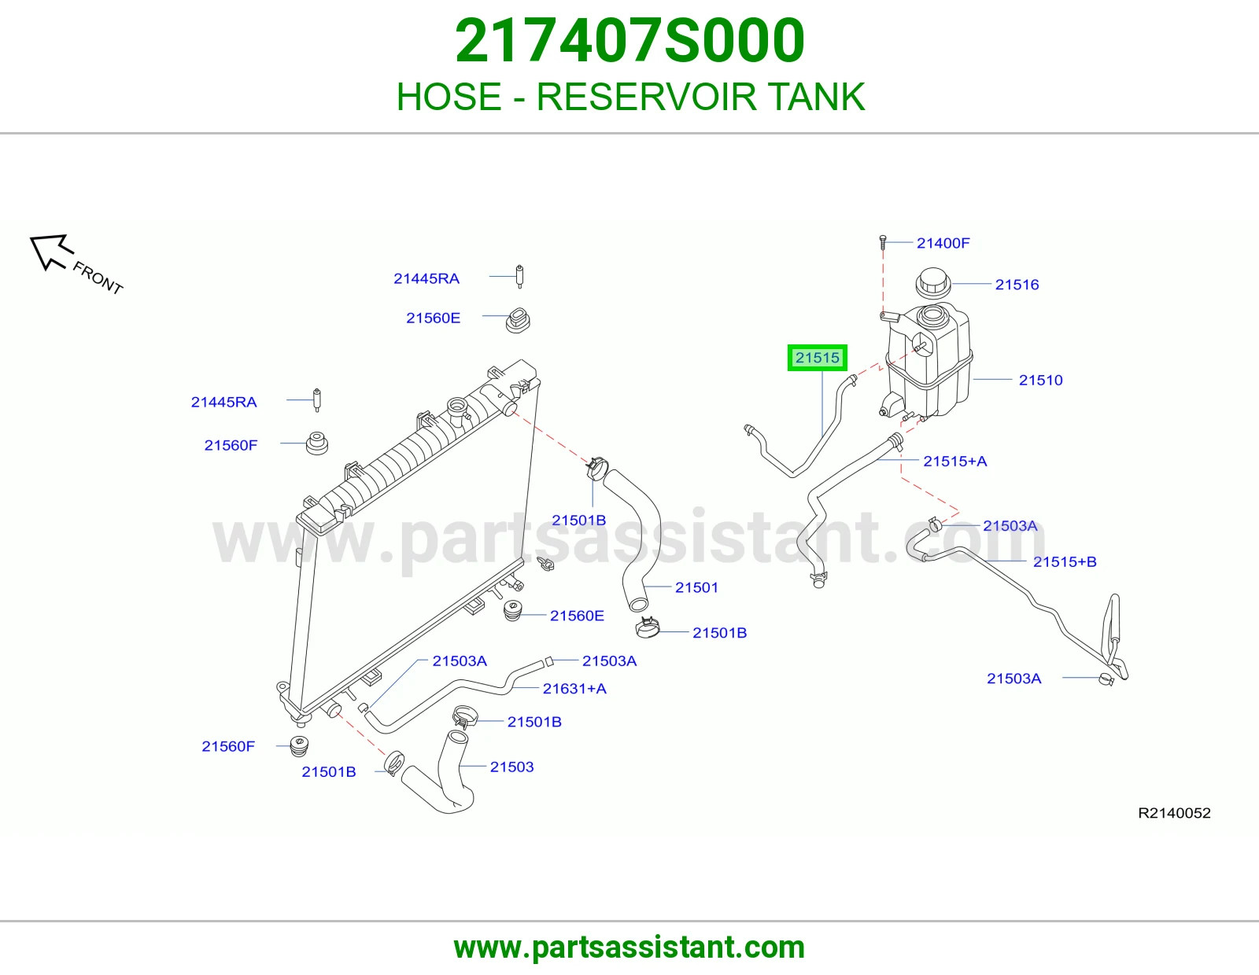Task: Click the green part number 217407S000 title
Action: pyautogui.click(x=629, y=41)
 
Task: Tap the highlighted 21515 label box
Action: pyautogui.click(x=817, y=358)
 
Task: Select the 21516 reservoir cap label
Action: pyautogui.click(x=1017, y=285)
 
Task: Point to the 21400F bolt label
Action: pyautogui.click(x=943, y=243)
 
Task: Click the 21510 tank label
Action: pyautogui.click(x=1040, y=381)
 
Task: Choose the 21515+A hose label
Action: pyautogui.click(x=954, y=461)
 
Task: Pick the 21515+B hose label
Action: pyautogui.click(x=1065, y=561)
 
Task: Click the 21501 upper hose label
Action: pyautogui.click(x=696, y=587)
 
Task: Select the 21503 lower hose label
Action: pyautogui.click(x=511, y=767)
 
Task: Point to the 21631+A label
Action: pyautogui.click(x=574, y=689)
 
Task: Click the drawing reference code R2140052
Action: pyautogui.click(x=1174, y=813)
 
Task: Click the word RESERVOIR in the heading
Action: pyautogui.click(x=646, y=97)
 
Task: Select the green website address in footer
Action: pyautogui.click(x=629, y=947)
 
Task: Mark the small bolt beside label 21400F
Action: pyautogui.click(x=882, y=242)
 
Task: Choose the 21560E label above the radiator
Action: pyautogui.click(x=433, y=318)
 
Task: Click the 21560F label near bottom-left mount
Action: pyautogui.click(x=227, y=746)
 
